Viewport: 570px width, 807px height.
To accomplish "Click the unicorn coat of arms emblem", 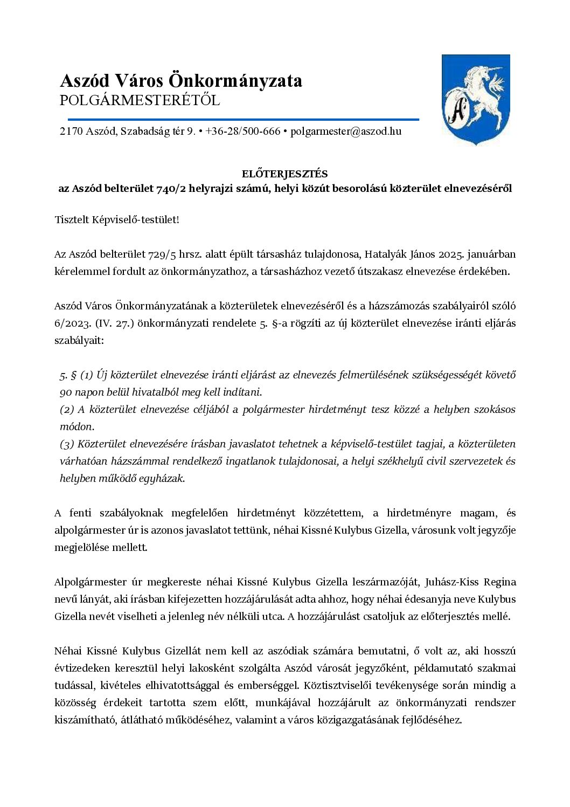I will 476,99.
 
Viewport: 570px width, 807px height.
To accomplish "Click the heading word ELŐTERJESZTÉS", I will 284,174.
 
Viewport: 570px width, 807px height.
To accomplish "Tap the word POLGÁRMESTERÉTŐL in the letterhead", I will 140,101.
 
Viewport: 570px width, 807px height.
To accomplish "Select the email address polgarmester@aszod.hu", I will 346,131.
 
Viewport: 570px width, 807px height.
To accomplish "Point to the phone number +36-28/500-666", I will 243,131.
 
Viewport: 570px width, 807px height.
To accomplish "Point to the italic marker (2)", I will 67,409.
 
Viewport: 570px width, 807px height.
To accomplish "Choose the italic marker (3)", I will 67,444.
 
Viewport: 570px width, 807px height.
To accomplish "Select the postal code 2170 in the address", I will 71,131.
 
